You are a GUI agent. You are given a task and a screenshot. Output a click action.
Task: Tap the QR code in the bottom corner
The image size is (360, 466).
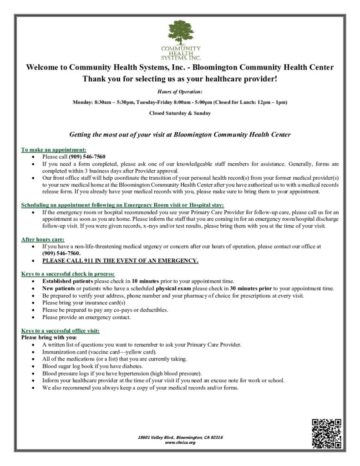tap(326, 433)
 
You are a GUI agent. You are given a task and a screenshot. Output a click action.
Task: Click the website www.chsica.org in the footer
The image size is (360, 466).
tap(180, 442)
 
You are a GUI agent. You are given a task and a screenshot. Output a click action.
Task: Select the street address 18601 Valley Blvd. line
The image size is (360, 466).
tap(180, 437)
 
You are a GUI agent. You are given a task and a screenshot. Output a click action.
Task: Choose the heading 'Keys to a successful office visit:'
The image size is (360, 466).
tap(60, 330)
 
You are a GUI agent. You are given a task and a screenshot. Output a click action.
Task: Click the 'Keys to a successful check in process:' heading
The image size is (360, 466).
tap(68, 274)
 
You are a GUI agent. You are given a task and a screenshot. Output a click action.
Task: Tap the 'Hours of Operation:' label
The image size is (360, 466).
tap(180, 92)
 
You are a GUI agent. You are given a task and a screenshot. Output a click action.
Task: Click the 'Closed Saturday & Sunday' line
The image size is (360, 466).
tap(180, 113)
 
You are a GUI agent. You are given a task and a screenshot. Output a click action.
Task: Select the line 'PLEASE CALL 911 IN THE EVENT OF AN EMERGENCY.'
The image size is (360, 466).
tap(120, 261)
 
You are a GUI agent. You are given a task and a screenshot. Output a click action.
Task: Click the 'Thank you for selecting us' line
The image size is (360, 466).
tap(180, 79)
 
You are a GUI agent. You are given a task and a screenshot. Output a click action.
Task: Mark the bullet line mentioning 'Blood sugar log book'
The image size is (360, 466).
tap(93, 366)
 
